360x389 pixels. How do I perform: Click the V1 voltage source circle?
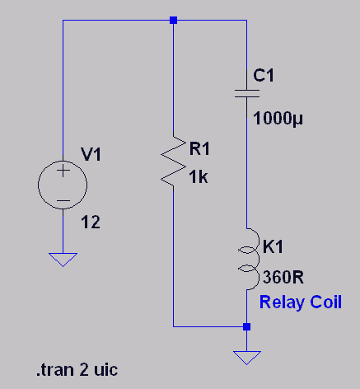point(38,185)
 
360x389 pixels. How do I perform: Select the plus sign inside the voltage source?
point(63,171)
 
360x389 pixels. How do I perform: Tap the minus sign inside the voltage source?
point(63,200)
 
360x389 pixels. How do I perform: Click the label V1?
point(91,154)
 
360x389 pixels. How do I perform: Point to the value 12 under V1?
point(91,222)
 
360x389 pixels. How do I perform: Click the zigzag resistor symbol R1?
point(173,161)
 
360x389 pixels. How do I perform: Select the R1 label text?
point(199,148)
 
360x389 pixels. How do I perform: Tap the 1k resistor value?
point(199,176)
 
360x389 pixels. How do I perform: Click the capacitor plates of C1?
point(247,93)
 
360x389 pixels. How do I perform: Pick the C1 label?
point(264,75)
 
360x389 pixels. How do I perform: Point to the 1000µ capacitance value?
point(278,119)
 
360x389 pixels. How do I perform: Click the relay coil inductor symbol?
point(259,259)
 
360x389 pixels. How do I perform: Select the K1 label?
point(273,246)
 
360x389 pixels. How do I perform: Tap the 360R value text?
point(283,277)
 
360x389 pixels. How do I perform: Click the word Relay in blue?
point(282,302)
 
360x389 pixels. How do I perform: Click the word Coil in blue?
point(326,302)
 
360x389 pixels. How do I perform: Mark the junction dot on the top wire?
point(173,20)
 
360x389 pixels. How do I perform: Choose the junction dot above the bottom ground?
point(246,326)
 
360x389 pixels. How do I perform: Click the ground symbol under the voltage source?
point(63,260)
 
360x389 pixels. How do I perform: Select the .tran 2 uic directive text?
point(77,370)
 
